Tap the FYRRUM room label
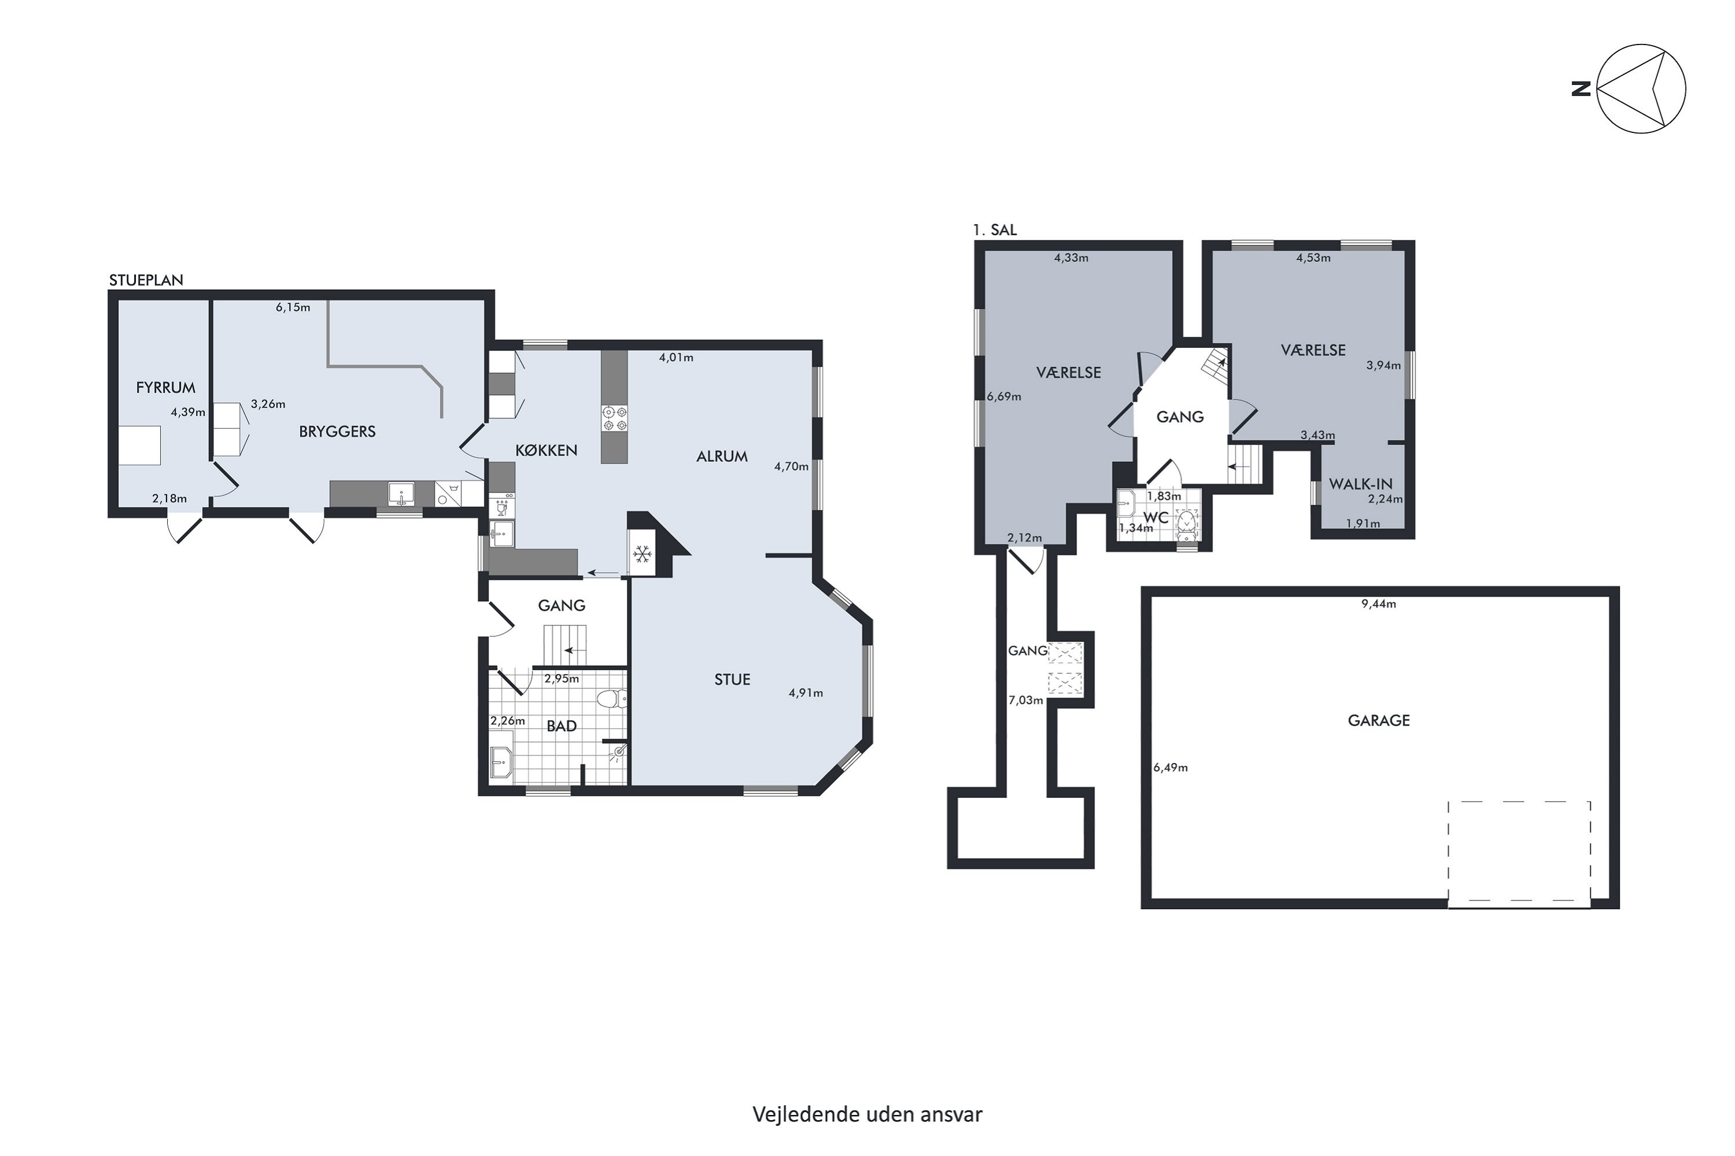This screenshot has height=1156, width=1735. pos(165,387)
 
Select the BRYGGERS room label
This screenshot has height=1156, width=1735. pos(337,431)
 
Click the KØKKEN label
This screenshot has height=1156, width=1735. pos(546,450)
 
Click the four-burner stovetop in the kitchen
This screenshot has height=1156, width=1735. pos(614,418)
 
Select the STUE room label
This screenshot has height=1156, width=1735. pos(732,680)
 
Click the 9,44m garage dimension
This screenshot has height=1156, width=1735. pos(1379,604)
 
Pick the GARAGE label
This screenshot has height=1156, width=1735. pos(1379,720)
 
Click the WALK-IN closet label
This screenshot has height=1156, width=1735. pos(1360,484)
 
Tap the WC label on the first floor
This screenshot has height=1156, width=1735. pos(1156,517)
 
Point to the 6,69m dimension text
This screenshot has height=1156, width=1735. pos(1004,397)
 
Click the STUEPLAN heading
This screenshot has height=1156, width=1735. pos(146,280)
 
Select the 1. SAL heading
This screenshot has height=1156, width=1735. pos(994,230)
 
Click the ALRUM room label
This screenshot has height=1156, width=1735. pos(721,457)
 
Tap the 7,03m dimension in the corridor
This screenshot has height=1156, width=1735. pos(1025,701)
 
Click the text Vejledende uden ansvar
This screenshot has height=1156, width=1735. pos(867,1114)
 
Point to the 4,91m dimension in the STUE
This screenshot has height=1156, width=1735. pos(806,693)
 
